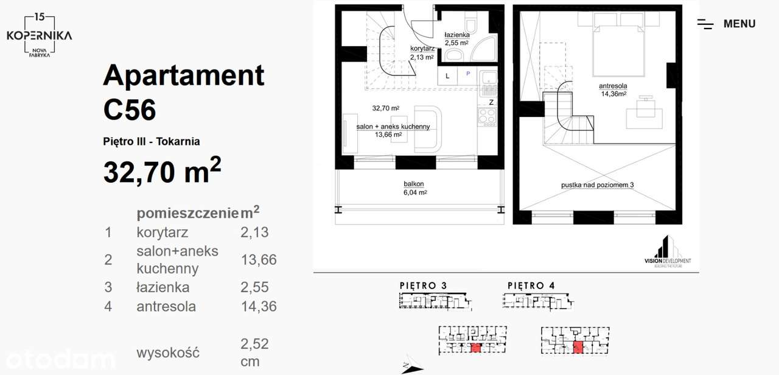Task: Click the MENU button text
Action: click(x=739, y=24)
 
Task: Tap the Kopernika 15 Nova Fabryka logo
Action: click(x=39, y=35)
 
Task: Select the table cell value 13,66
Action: click(x=259, y=260)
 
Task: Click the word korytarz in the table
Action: click(x=162, y=232)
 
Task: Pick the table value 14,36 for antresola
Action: click(x=259, y=306)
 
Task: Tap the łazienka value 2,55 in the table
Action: click(x=254, y=287)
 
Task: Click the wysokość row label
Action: click(x=167, y=352)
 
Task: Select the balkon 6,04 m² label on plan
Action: click(x=414, y=187)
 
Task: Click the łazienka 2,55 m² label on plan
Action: click(x=456, y=39)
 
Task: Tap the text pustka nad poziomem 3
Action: click(x=598, y=185)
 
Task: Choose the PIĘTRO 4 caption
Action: click(x=531, y=286)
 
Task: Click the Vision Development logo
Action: click(x=667, y=251)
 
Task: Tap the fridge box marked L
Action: click(x=447, y=75)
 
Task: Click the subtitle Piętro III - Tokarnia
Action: click(x=152, y=142)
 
